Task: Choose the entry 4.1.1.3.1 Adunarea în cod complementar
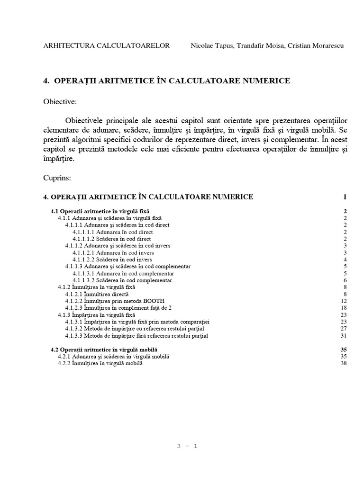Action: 123,273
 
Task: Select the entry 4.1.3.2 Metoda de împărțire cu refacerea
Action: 136,329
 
